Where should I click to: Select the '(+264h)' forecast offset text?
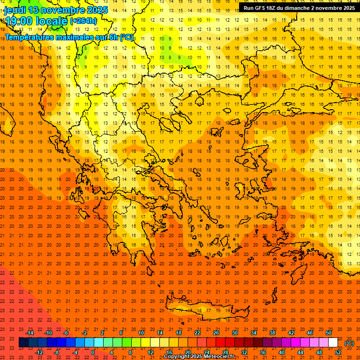83,21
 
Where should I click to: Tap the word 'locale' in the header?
51,21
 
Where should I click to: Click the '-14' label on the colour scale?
30,333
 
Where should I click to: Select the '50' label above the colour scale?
329,333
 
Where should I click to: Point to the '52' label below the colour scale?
338,352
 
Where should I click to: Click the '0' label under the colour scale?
92,352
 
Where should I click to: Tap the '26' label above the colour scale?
216,333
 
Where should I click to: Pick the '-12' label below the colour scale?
39,352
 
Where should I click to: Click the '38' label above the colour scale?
272,333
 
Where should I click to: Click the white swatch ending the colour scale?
333,343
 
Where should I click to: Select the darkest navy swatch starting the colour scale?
23,343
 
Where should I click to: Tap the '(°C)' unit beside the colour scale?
349,343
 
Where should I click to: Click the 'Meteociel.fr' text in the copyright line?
224,357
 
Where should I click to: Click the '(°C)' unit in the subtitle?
127,37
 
